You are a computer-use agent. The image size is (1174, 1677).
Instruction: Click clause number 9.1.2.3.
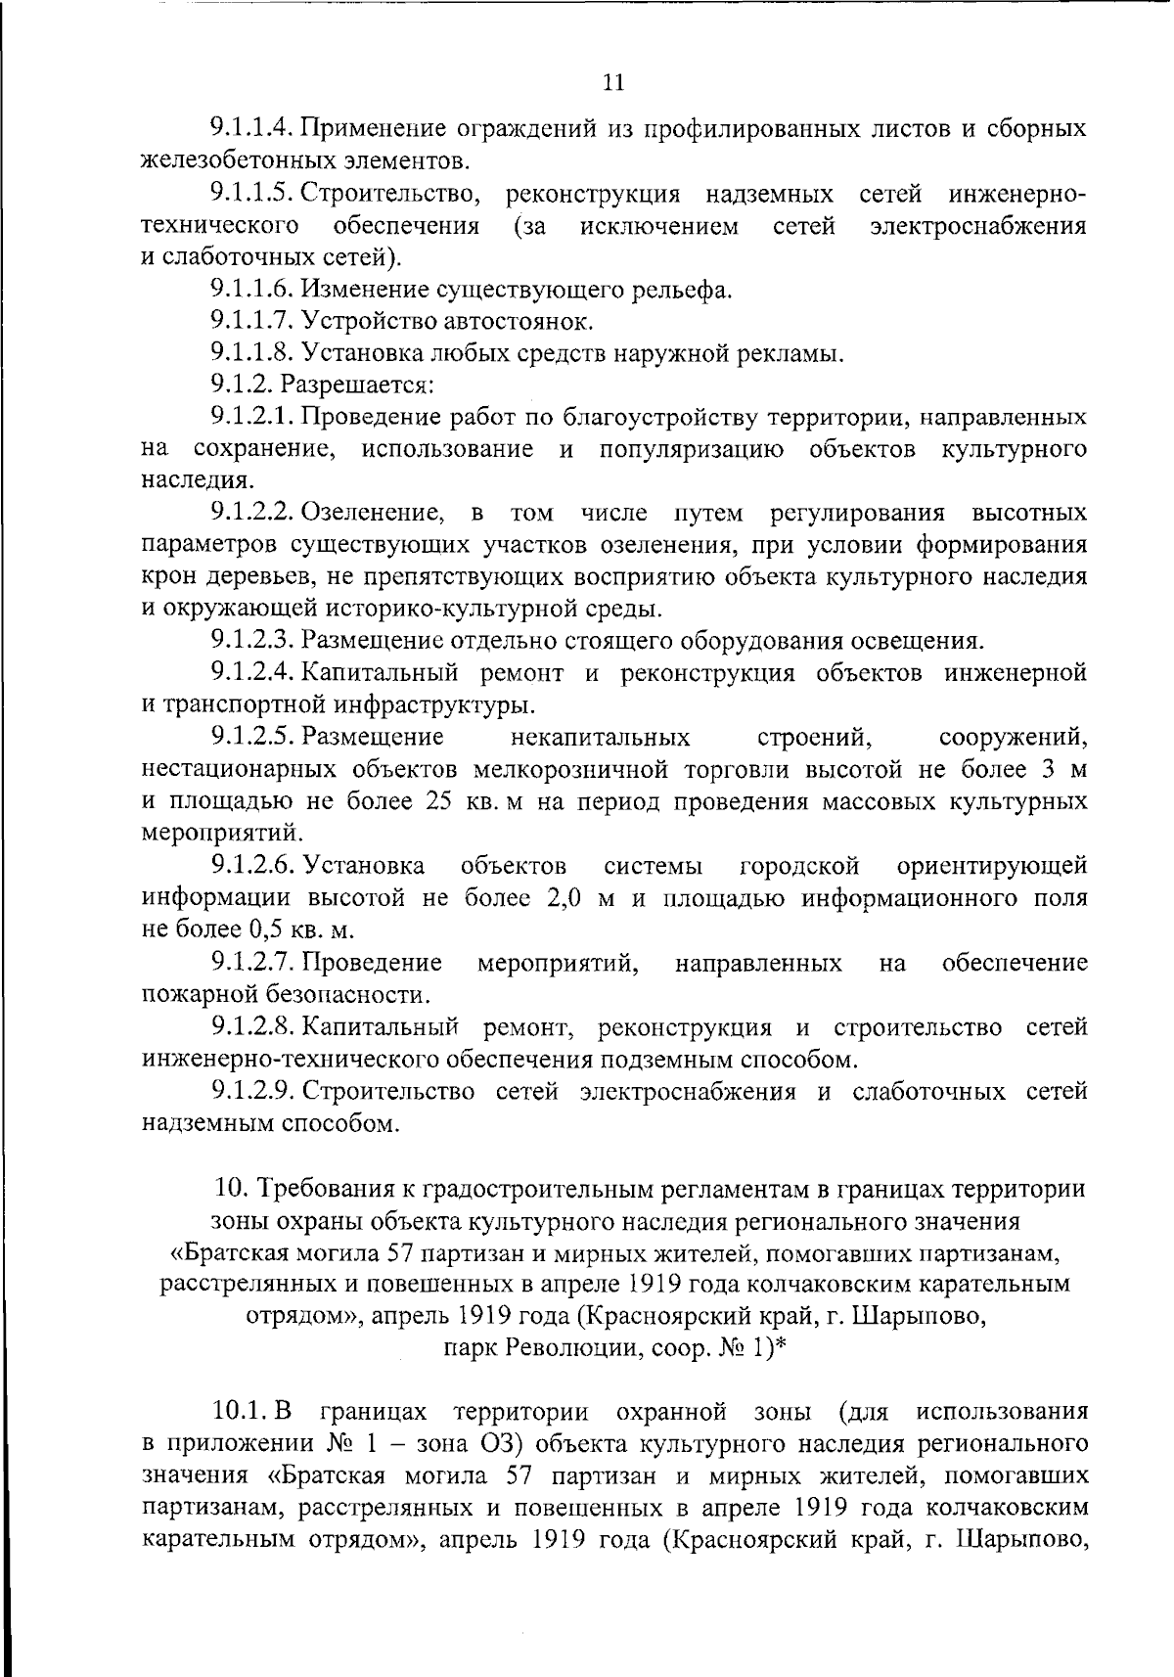pyautogui.click(x=252, y=642)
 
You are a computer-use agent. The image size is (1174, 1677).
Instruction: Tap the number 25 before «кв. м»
pyautogui.click(x=436, y=801)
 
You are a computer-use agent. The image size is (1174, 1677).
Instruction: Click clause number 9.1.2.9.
pyautogui.click(x=252, y=1092)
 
